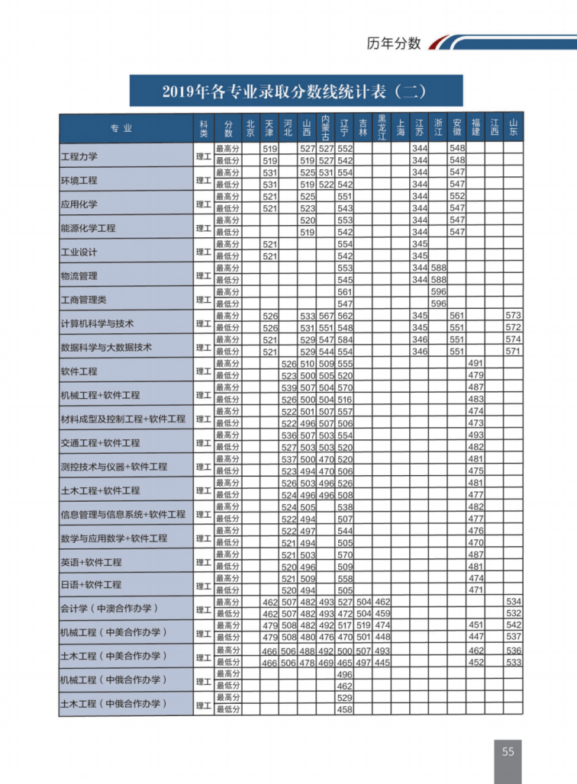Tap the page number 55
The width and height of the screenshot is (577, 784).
click(x=508, y=751)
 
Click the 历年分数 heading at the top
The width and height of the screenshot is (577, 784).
click(x=394, y=43)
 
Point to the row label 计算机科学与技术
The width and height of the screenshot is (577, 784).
click(x=98, y=323)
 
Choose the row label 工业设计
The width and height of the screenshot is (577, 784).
click(x=79, y=252)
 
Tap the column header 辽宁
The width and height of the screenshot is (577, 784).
click(x=345, y=127)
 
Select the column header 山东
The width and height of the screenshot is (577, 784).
click(x=514, y=127)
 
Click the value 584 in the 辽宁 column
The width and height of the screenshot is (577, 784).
click(x=345, y=339)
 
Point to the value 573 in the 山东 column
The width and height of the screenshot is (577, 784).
click(x=514, y=316)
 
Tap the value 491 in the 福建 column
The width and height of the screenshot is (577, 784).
click(x=475, y=364)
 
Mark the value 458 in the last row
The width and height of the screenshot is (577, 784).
click(x=345, y=710)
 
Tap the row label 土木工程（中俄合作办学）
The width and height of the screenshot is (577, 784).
click(x=113, y=704)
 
